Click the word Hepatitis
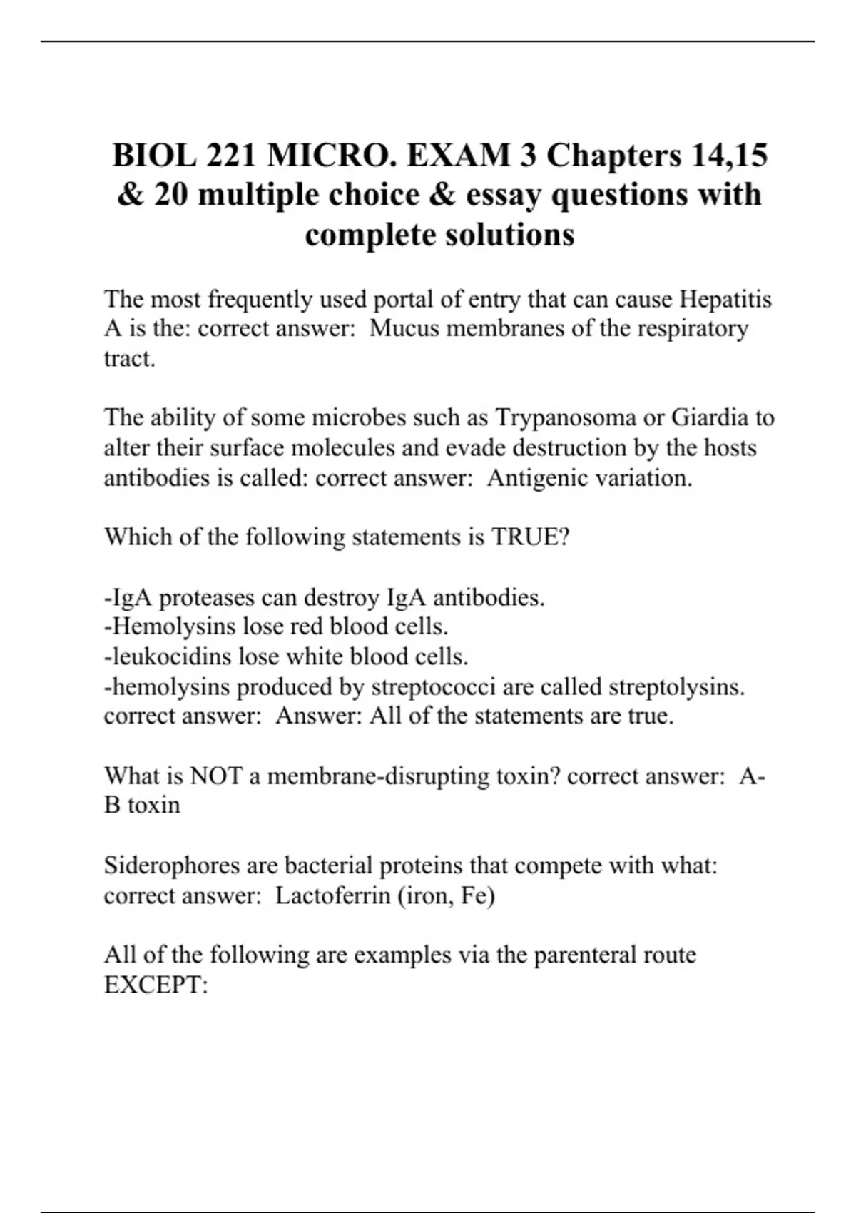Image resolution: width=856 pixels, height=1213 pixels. [725, 299]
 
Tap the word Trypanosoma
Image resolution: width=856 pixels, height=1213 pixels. [566, 417]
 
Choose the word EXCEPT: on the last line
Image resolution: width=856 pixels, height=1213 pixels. [156, 985]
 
